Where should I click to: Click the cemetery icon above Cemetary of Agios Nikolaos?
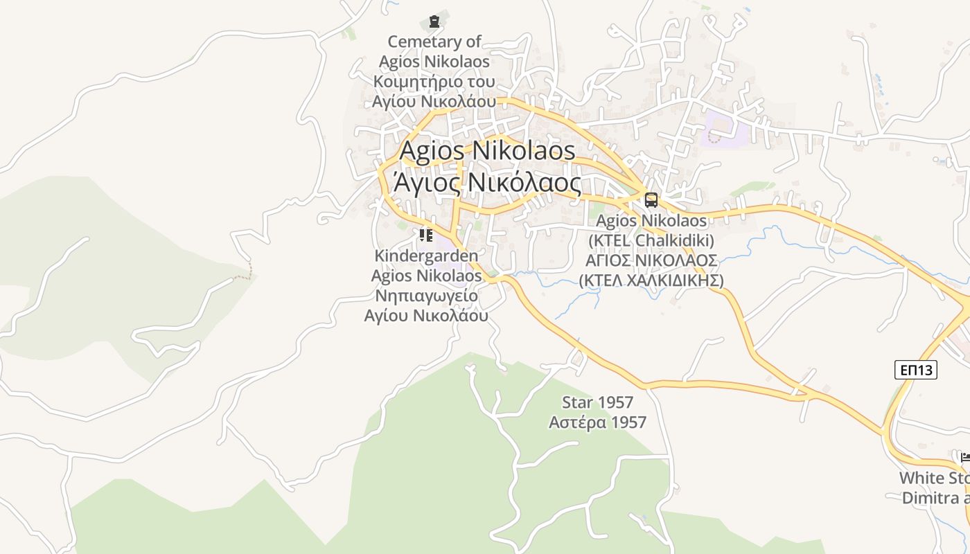click(434, 21)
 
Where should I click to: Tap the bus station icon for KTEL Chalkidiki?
click(651, 200)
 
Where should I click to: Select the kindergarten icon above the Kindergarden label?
click(426, 235)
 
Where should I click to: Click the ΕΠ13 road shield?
click(915, 370)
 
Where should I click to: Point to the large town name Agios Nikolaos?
click(488, 150)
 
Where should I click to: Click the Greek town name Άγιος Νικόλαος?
click(488, 182)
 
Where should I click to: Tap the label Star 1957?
click(597, 402)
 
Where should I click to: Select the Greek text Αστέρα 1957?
click(597, 422)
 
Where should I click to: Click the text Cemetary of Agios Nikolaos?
click(434, 51)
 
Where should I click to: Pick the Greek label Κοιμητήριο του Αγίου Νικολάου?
click(434, 91)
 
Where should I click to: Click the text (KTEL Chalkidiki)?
click(651, 241)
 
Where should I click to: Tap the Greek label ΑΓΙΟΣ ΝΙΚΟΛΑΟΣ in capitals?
click(651, 261)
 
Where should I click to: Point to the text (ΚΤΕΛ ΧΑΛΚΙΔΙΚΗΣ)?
click(651, 280)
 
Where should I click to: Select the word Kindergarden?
click(426, 256)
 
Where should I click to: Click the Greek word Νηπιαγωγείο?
click(426, 296)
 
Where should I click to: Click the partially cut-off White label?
click(934, 478)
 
